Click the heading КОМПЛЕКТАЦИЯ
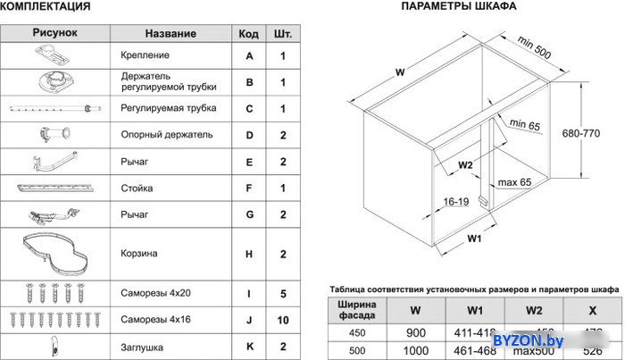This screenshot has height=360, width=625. click(46, 7)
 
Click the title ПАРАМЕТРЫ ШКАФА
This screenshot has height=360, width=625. click(458, 6)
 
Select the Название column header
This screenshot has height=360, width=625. click(170, 34)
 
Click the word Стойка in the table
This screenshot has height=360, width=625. click(137, 188)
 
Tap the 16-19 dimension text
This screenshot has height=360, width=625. click(454, 203)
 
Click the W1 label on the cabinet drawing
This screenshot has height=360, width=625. click(473, 239)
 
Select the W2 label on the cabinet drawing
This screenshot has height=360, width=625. click(464, 165)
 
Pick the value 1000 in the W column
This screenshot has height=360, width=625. click(416, 350)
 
